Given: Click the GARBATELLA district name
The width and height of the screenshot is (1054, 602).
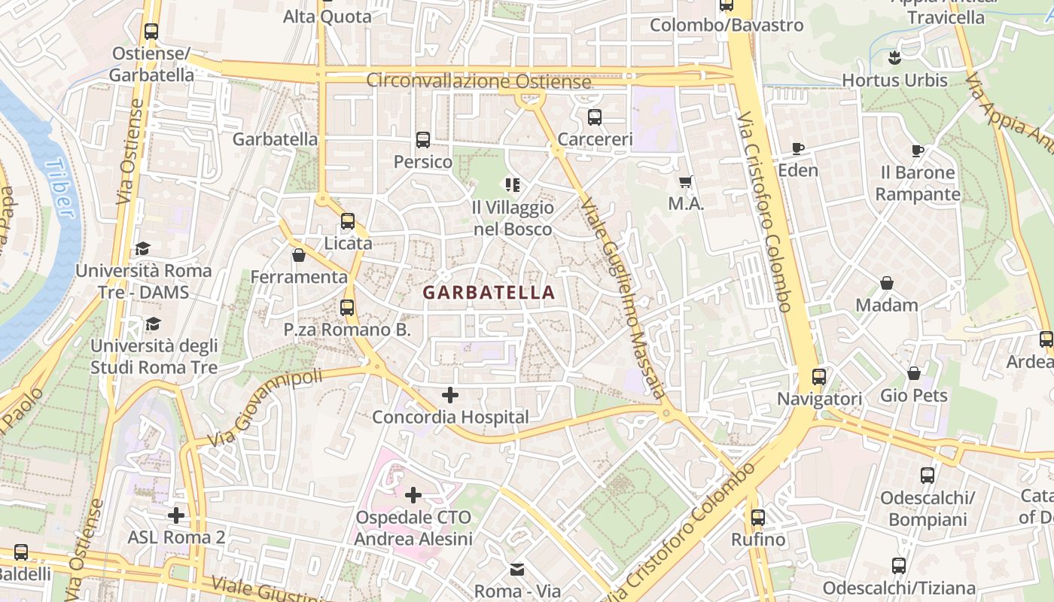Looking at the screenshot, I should coord(489,293).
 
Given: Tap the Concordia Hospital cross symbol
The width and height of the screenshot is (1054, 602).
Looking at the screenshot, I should coord(450,394).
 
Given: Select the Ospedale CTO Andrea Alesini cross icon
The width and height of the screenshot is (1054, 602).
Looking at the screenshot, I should coord(413,495).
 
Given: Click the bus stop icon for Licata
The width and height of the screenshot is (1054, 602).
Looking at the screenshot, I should coord(347,221).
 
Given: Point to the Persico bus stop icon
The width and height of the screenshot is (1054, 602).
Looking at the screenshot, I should coord(422,140).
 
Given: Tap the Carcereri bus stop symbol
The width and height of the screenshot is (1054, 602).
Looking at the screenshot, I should coord(595,117).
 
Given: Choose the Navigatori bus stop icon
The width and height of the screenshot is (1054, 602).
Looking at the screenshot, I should coord(819,377).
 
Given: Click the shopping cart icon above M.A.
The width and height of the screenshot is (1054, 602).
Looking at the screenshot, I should coord(685,181).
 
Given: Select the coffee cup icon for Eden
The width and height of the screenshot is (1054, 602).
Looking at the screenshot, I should coord(798,148).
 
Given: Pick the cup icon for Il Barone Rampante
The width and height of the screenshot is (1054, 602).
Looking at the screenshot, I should coord(917,150).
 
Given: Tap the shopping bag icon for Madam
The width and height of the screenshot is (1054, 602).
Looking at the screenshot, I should coord(887,283).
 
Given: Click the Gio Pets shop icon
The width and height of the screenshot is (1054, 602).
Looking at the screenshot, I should coord(914,373).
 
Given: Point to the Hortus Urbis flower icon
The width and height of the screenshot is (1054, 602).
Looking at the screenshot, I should coord(894,57).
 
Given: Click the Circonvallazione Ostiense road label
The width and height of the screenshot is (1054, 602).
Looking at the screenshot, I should coord(479,81).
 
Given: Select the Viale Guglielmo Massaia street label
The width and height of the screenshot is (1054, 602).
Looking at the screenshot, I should coord(623,297).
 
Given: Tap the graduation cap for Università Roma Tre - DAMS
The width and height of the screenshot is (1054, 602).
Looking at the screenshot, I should coord(142,248).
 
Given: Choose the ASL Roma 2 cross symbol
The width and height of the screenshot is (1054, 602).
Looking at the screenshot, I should coord(176,515).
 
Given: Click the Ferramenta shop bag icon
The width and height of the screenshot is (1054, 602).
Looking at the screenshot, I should coord(299,255).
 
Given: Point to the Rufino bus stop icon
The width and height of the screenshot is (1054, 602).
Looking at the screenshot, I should coord(758,518).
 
